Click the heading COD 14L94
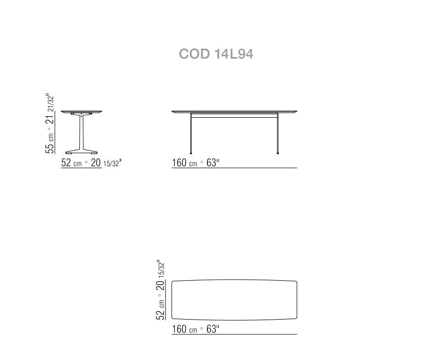[216, 54]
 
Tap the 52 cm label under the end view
[71, 163]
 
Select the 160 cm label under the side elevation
[184, 163]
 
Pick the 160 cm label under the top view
[184, 329]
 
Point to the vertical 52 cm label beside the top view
[160, 310]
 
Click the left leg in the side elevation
[191, 133]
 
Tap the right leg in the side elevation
[277, 133]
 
